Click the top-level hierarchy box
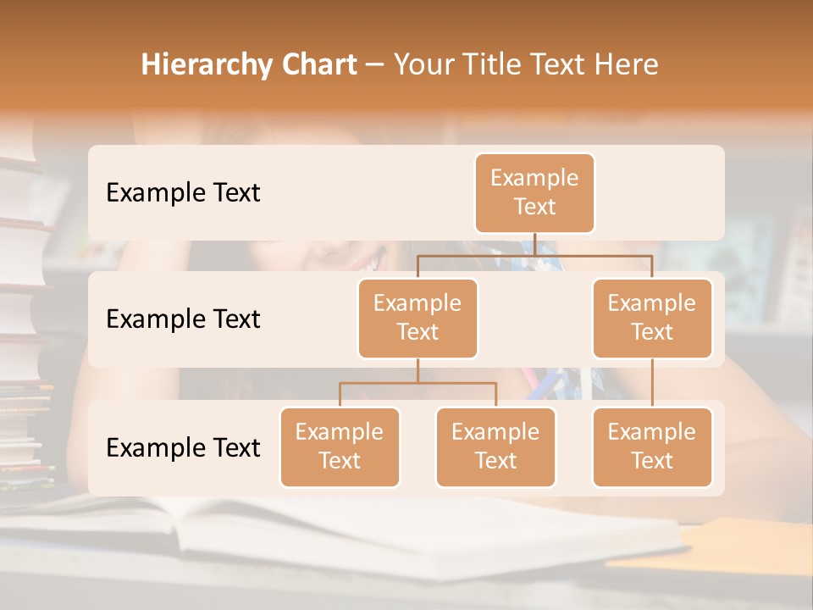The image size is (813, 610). coord(534,192)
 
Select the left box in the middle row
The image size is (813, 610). coord(418,318)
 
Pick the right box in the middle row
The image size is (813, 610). coord(652,318)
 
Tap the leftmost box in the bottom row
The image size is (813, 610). coord(340,446)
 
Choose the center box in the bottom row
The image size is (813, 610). coord(495,446)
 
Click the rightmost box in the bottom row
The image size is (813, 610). coord(652,446)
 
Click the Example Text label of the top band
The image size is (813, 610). coord(183,192)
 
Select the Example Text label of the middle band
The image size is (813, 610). coord(183,319)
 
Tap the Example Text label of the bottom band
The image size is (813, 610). coord(183,447)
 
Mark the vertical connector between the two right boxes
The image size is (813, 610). coord(652,383)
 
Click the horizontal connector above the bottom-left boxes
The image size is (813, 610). coord(418,383)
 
